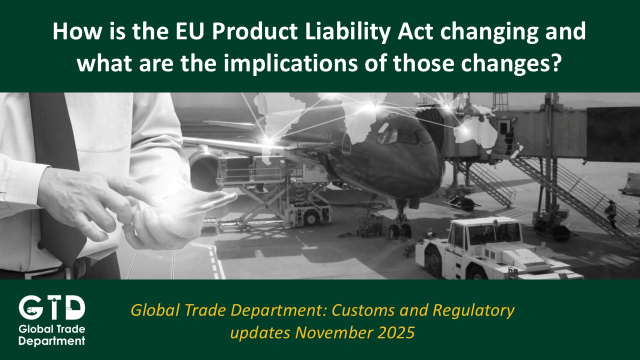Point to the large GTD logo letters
(51, 307)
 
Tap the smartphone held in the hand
(200, 204)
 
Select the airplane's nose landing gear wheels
(399, 230)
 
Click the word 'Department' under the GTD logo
(51, 341)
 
